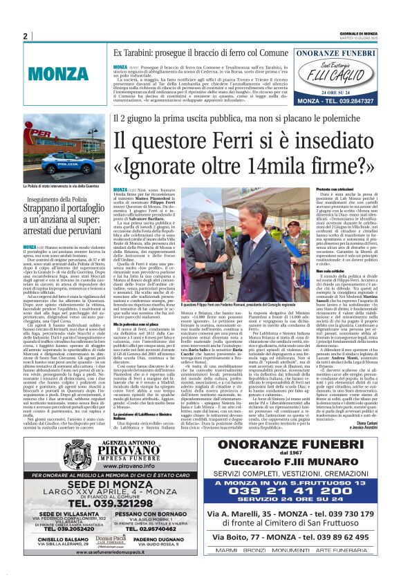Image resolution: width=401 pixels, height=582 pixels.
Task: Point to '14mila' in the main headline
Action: [x=261, y=168]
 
